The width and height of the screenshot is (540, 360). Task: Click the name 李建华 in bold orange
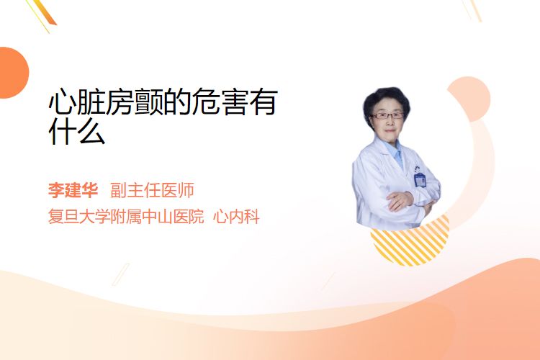[73, 190]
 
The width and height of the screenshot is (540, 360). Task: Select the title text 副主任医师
[152, 190]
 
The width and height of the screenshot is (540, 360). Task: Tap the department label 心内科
[236, 217]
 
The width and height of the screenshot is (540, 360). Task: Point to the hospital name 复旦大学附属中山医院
[126, 217]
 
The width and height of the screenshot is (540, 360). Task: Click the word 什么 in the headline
[77, 131]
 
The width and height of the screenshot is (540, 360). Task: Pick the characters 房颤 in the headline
[135, 102]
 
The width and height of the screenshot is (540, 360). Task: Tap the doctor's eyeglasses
[387, 116]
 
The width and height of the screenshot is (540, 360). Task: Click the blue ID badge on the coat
[420, 179]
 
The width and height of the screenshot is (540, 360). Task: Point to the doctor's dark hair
[386, 100]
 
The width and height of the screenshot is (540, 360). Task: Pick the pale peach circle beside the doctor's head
[471, 98]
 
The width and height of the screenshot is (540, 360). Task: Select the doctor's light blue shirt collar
[396, 152]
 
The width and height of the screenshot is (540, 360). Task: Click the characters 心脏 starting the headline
[77, 102]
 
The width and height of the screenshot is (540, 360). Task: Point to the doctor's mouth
[390, 131]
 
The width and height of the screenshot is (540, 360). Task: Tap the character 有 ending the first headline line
[263, 102]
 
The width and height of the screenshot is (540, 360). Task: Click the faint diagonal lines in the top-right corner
[472, 10]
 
